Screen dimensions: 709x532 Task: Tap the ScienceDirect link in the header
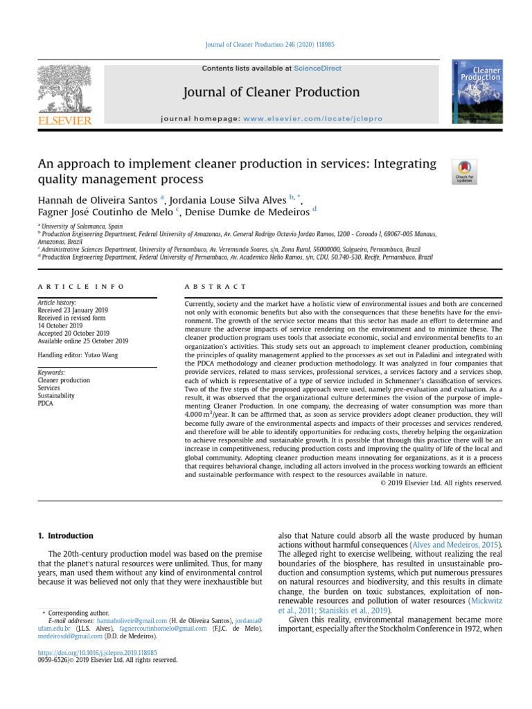coord(317,69)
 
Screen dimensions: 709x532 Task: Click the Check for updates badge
coord(464,171)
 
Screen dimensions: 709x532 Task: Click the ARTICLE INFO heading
coord(81,287)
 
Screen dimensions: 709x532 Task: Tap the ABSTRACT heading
coord(215,287)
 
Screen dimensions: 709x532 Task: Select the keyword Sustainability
coord(57,395)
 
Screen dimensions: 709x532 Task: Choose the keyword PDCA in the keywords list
coord(45,403)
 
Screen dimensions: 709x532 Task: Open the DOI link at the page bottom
coord(97,652)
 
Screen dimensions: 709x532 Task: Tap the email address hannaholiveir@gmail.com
coord(132,620)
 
